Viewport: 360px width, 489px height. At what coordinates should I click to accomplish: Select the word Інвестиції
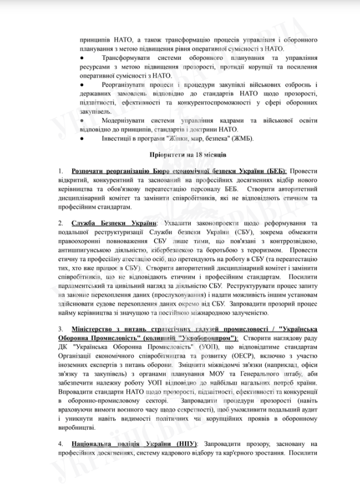click(117, 138)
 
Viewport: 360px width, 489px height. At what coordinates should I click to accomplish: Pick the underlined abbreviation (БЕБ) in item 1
click(274, 172)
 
